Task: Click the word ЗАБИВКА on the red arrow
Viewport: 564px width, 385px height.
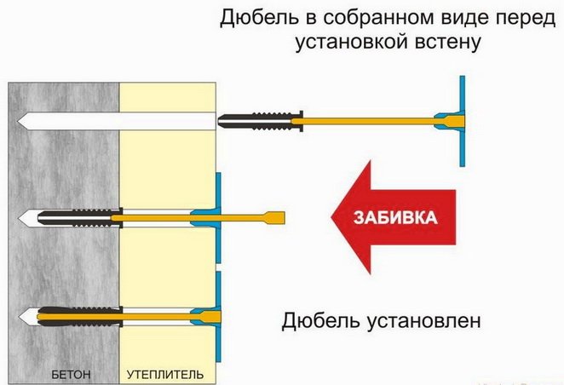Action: pos(398,217)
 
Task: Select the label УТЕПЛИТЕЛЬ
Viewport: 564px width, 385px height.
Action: pos(166,374)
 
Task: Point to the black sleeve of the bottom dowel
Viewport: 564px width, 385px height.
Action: pos(77,317)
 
